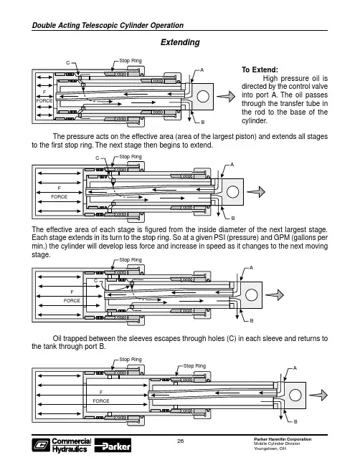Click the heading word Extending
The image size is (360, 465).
180,42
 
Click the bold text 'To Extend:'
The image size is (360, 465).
260,69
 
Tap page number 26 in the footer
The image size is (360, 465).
181,441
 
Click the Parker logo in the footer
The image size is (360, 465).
113,446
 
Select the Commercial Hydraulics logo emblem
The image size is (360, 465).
41,446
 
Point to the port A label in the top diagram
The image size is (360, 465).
202,70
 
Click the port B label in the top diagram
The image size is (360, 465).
203,123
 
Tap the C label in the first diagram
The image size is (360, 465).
68,63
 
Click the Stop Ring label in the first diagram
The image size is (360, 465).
131,60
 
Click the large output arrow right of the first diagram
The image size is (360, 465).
226,96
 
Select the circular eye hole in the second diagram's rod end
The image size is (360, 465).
232,192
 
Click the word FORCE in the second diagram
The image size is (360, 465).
60,196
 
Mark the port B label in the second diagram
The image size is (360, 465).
233,219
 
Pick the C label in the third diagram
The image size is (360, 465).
95,281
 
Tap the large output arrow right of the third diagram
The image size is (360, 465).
275,294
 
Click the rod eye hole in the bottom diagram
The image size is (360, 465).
295,395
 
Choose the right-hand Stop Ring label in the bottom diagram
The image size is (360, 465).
194,366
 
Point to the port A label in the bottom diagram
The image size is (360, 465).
295,368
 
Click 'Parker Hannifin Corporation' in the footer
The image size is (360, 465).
283,439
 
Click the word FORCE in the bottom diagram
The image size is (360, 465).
101,401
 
